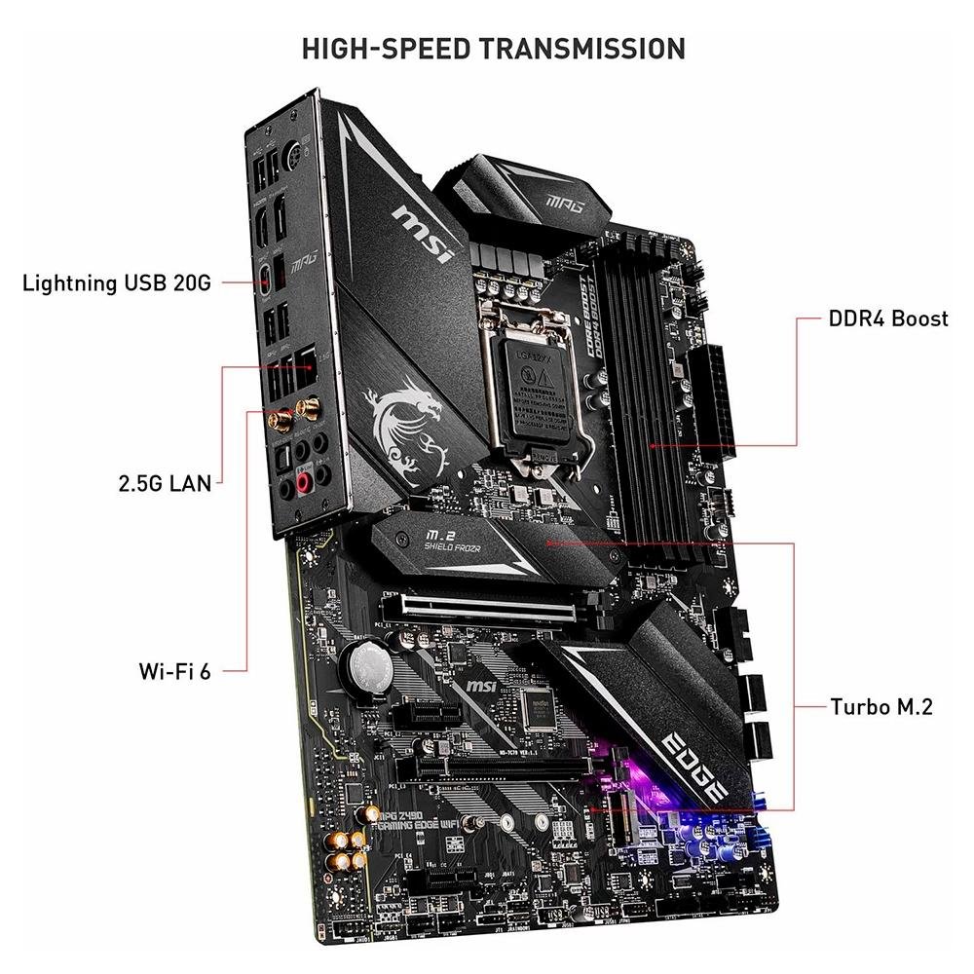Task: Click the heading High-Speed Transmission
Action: coord(493,48)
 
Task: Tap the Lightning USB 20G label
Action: coord(116,283)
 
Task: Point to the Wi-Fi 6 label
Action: coord(174,670)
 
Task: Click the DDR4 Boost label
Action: coord(887,318)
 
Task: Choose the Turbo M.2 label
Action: coord(880,706)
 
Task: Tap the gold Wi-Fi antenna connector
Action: coord(280,420)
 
